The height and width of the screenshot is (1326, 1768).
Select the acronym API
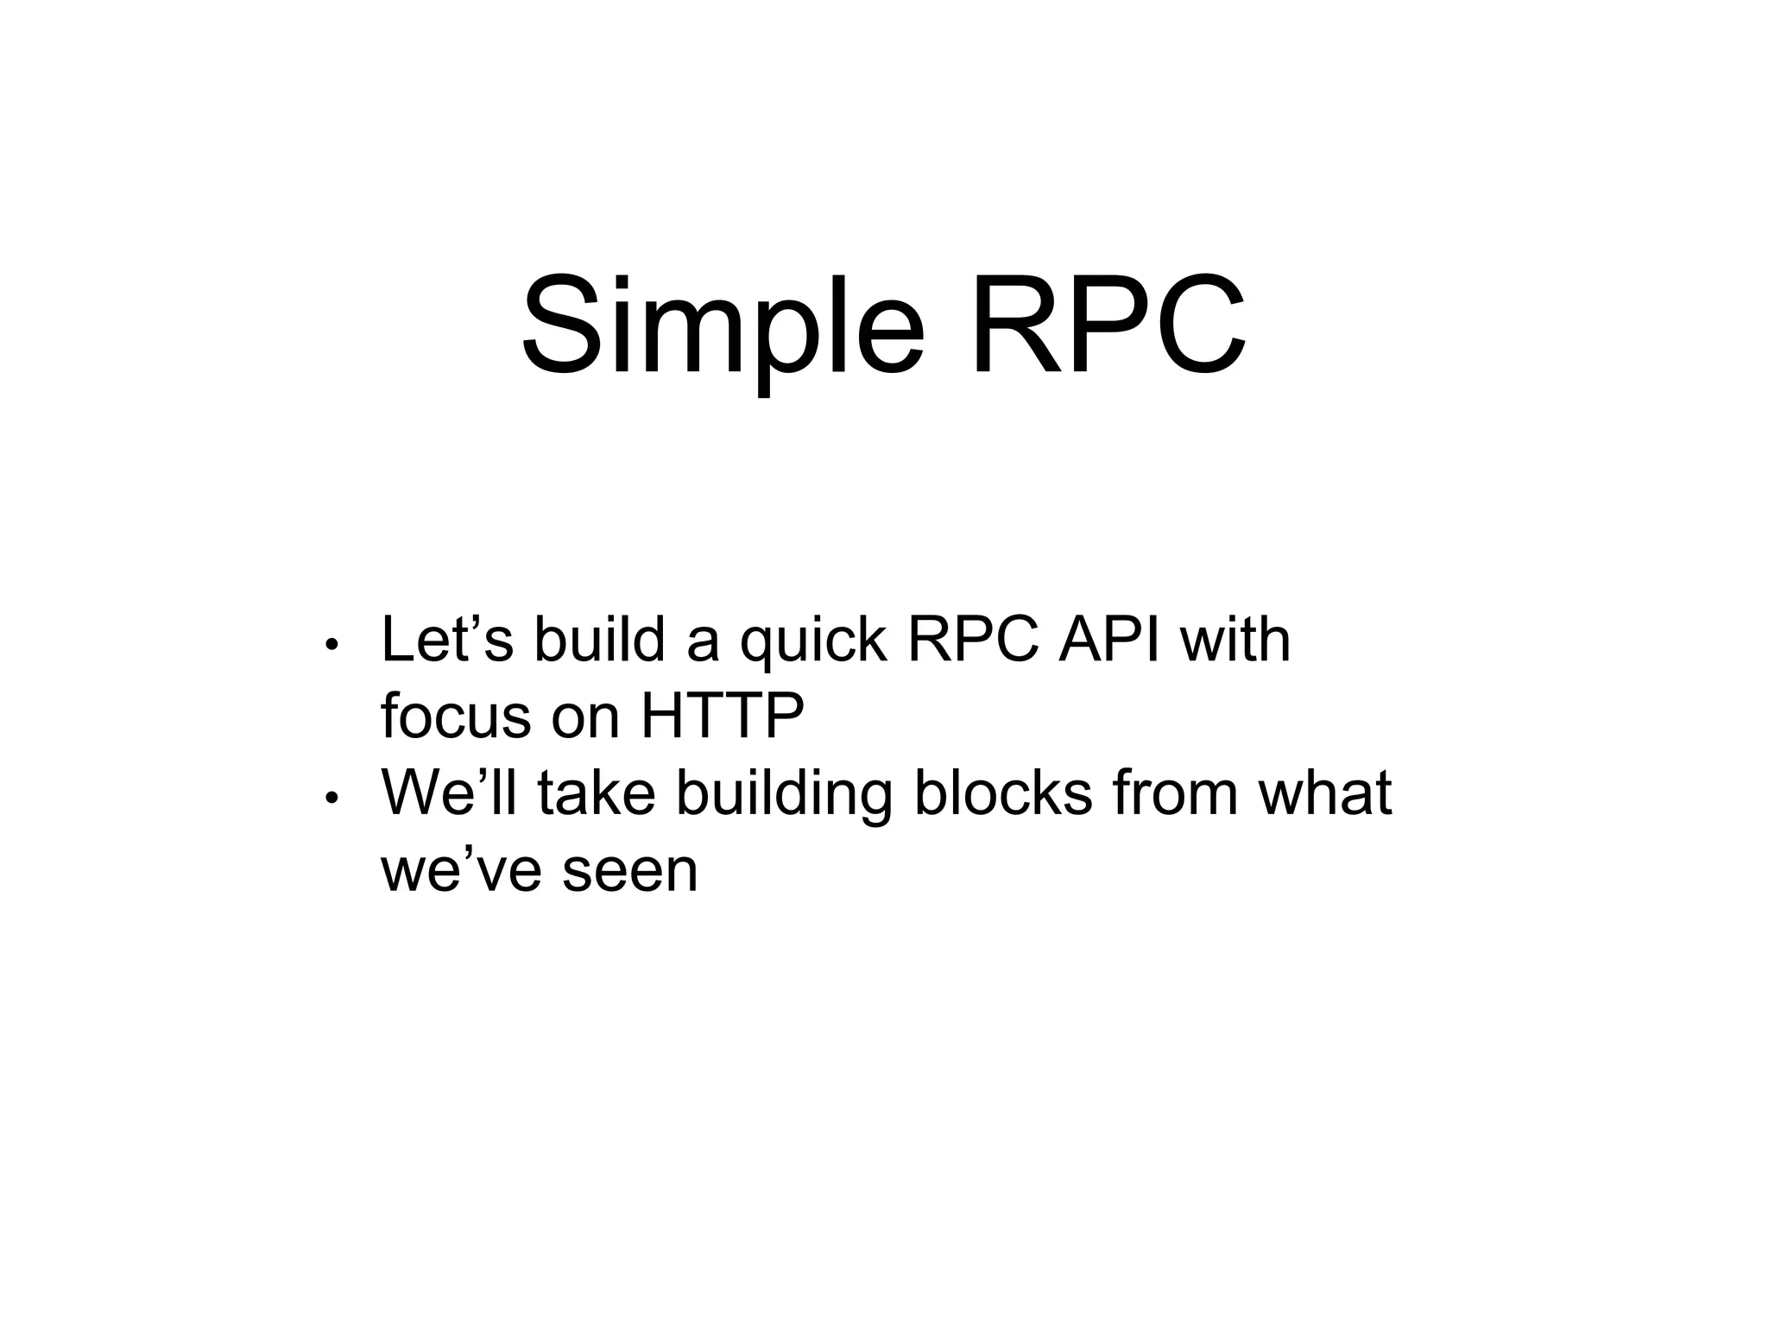coord(1109,640)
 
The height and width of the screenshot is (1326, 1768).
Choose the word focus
coord(455,716)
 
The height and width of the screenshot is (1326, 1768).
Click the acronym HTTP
coord(722,716)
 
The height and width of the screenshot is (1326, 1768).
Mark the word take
coord(596,792)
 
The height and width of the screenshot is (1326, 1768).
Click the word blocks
coord(1002,792)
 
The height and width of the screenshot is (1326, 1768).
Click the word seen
coord(629,870)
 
